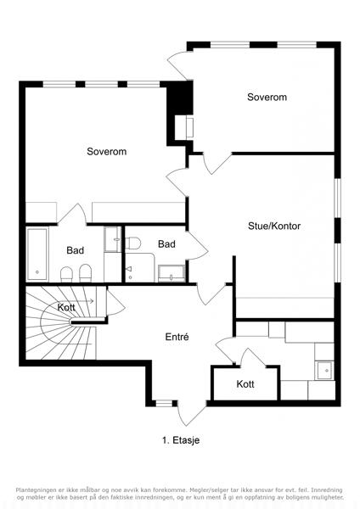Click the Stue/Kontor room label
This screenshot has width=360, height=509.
click(274, 227)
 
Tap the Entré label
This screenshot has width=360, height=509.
click(177, 337)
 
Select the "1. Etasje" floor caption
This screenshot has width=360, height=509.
click(181, 440)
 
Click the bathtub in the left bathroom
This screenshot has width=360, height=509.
click(37, 255)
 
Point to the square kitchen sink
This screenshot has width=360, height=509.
click(325, 371)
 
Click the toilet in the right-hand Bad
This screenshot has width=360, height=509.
click(133, 243)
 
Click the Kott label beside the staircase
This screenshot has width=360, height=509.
click(66, 307)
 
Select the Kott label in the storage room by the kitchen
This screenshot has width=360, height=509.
click(245, 384)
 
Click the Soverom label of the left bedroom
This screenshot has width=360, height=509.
click(107, 152)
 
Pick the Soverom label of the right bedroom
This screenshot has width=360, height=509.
click(267, 97)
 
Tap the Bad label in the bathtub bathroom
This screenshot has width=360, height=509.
click(75, 250)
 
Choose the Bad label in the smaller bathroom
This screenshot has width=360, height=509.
click(166, 244)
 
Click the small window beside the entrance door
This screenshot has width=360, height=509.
click(164, 404)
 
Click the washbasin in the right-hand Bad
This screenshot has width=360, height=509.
click(172, 273)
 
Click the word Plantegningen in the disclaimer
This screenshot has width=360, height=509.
click(35, 489)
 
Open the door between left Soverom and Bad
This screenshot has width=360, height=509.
click(73, 214)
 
